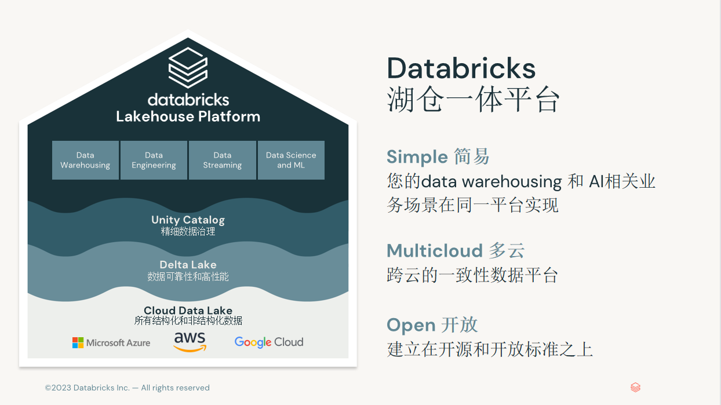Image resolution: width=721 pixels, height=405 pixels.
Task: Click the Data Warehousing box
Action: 85,160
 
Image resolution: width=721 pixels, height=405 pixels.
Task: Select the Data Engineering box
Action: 154,160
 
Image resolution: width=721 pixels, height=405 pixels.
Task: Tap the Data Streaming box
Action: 223,160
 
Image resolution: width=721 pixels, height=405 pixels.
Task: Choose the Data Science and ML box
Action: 291,160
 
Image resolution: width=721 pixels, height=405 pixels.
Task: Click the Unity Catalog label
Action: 188,220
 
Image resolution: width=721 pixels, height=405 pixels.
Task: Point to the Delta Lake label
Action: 188,265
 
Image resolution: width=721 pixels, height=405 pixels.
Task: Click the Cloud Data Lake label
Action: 188,311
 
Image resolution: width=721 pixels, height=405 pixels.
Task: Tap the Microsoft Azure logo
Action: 111,342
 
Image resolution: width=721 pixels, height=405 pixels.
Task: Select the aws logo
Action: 190,341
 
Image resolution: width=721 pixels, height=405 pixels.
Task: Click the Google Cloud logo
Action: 268,342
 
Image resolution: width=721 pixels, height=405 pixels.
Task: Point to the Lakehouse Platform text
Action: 188,116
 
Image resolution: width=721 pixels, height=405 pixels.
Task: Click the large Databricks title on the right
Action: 461,68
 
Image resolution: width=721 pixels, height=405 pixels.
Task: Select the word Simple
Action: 417,156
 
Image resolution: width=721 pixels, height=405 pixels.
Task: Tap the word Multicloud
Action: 434,250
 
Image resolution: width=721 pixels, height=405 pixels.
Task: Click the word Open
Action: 410,325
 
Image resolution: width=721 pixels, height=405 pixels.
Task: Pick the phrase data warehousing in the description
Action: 491,182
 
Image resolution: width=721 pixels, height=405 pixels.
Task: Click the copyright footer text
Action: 128,388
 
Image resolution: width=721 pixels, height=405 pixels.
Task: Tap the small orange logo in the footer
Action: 635,388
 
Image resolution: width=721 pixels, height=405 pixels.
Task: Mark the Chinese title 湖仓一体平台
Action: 473,100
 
